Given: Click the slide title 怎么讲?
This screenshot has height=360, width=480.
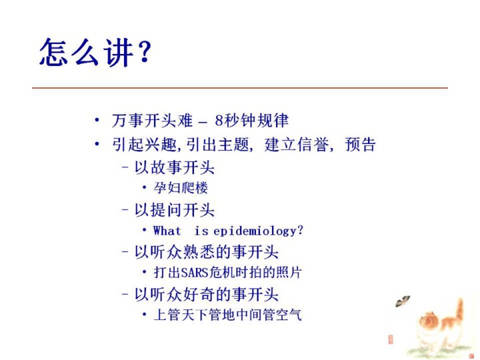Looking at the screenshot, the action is [95, 53].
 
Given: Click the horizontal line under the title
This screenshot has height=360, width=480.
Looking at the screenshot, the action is [240, 88].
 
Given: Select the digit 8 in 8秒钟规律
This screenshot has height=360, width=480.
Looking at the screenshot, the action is [219, 120].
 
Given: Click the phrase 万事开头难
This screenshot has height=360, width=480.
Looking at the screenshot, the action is [152, 120].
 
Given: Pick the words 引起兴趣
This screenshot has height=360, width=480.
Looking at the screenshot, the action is [144, 144].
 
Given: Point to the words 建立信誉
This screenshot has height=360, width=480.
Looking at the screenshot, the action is [296, 144].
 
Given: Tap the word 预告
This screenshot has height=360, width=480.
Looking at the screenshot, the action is [360, 144].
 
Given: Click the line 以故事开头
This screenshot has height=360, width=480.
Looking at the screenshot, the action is [174, 167].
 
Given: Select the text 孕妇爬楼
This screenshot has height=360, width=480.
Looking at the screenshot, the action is [181, 187].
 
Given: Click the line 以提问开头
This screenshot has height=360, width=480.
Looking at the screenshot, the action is [174, 210].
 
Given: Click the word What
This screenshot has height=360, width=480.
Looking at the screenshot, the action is [167, 230].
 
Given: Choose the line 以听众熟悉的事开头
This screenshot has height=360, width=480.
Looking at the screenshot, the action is [206, 252].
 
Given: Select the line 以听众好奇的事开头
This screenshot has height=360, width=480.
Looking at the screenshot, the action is [206, 294].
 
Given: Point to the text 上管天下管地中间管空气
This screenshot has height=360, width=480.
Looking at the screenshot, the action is [228, 315].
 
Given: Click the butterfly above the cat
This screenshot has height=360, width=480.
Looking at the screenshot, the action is [403, 301].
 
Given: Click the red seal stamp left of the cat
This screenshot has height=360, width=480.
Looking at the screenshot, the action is [390, 339].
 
